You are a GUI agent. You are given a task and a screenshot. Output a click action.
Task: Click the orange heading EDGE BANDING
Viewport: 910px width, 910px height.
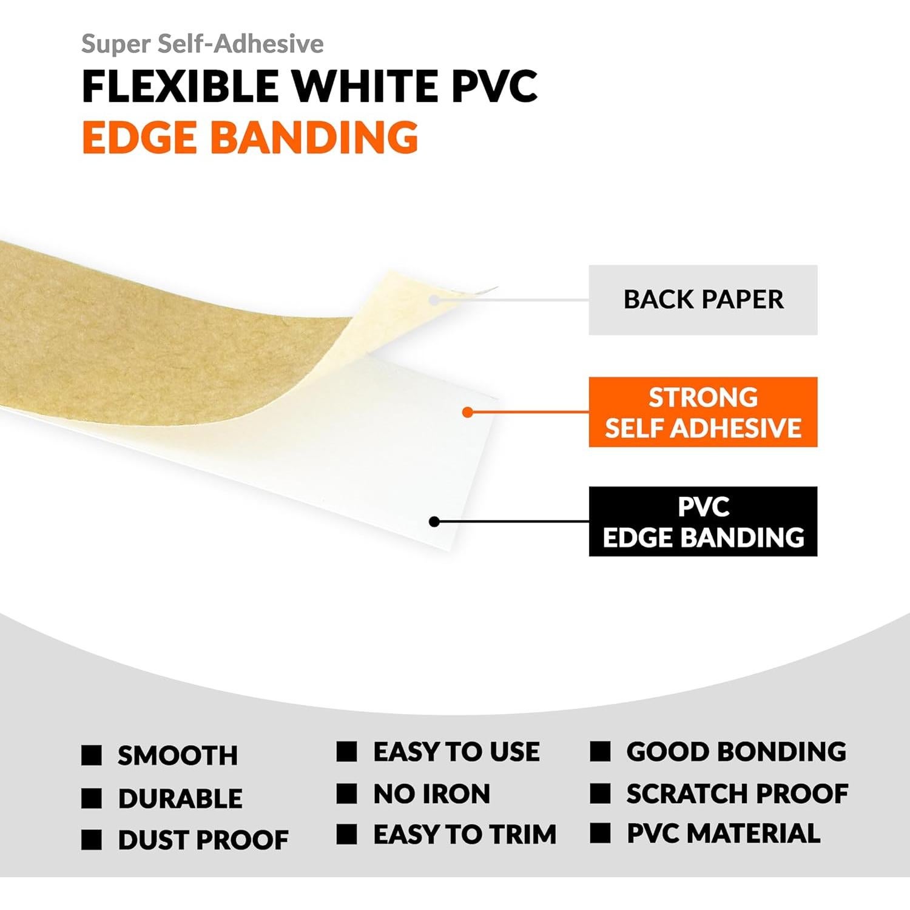[x=250, y=137]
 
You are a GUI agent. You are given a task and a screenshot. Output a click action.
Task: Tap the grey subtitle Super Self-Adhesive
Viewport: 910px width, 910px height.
[x=202, y=44]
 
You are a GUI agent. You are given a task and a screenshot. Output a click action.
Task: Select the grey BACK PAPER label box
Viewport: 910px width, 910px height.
[x=703, y=300]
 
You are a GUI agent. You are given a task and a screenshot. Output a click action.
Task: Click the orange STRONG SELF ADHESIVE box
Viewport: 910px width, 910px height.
[x=703, y=412]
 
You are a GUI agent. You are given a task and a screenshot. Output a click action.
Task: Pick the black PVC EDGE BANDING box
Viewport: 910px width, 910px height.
[x=703, y=521]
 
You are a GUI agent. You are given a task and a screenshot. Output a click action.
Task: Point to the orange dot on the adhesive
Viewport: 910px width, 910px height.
[x=467, y=413]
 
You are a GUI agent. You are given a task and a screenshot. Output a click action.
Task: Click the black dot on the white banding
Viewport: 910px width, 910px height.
[x=434, y=522]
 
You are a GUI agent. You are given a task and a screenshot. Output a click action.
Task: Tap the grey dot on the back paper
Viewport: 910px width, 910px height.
[x=434, y=300]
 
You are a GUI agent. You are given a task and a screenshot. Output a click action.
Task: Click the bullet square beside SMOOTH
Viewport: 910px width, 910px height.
[x=92, y=755]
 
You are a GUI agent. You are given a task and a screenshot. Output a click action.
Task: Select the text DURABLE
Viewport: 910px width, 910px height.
[x=180, y=798]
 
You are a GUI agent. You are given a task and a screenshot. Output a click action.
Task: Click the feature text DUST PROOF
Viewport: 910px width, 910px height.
[x=203, y=840]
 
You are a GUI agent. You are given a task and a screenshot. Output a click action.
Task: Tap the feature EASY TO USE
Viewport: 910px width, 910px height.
[x=456, y=752]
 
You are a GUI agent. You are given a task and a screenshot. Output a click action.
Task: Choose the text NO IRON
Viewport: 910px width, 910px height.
[x=431, y=794]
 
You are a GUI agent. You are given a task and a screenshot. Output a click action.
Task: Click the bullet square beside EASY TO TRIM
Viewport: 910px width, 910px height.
[x=346, y=834]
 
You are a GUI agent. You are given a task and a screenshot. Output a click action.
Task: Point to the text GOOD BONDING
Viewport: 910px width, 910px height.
[x=736, y=752]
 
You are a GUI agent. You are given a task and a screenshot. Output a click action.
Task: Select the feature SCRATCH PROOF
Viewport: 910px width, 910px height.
[x=737, y=794]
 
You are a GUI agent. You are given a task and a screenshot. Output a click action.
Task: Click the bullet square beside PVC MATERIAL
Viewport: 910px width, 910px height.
[x=600, y=834]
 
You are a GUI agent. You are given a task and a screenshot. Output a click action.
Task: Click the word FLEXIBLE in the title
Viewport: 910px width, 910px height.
[x=180, y=86]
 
